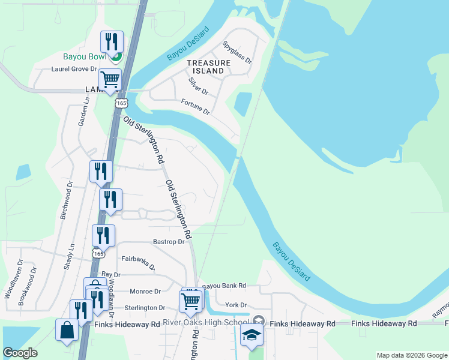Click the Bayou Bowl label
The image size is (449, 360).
point(85,58)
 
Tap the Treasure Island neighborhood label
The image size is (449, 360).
point(208,67)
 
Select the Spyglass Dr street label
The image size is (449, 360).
point(237,52)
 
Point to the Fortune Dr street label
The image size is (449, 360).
point(196,107)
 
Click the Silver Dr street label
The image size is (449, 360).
point(197,86)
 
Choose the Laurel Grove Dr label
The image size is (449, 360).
point(74,69)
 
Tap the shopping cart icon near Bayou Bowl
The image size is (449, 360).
point(110,79)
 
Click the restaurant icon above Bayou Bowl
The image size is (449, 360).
point(112,41)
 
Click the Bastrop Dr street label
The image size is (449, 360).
point(168,242)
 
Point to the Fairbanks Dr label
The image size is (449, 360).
point(138,262)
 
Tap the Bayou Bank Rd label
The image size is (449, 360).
point(224,286)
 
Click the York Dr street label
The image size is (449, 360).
point(236,305)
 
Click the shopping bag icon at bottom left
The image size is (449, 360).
point(66,331)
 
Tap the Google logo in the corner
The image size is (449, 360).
point(20,353)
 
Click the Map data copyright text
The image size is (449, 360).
point(411,355)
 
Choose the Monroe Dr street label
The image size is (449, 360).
point(145,292)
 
